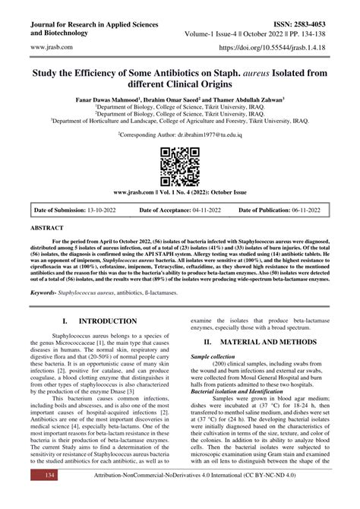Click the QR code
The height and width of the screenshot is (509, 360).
pyautogui.click(x=180, y=161)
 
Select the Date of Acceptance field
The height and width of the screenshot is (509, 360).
pyautogui.click(x=179, y=209)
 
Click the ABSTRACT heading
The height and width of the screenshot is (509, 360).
pyautogui.click(x=47, y=227)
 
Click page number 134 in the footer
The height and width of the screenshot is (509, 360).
pyautogui.click(x=50, y=495)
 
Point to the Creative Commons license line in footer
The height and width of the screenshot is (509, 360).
pyautogui.click(x=207, y=495)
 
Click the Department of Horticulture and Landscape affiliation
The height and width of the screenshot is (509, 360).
pyautogui.click(x=180, y=119)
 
